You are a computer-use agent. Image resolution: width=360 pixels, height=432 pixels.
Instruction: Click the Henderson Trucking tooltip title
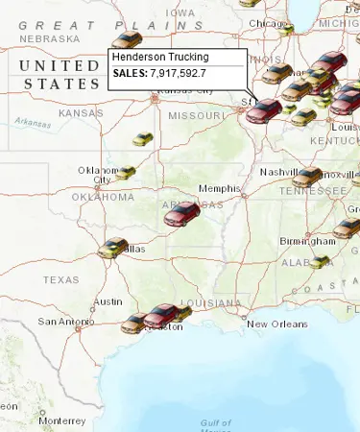pos(160,58)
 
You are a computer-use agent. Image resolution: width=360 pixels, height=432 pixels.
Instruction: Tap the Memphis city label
pos(219,188)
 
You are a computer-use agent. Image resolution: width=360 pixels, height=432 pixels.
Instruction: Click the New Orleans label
pos(276,324)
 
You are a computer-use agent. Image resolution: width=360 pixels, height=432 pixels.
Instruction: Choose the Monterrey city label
pos(62,420)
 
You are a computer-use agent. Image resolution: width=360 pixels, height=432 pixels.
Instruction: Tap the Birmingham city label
pos(307,240)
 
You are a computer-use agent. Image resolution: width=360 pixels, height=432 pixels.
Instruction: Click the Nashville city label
pos(279,172)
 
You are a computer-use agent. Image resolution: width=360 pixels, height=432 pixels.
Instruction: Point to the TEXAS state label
pos(60,280)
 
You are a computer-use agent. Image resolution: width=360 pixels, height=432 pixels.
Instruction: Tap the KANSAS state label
pos(81,113)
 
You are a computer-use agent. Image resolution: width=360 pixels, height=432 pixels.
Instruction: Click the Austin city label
pos(108,301)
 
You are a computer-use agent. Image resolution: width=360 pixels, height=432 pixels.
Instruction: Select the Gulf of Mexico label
pos(216,423)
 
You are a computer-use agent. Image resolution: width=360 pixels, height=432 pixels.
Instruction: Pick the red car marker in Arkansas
pos(180,213)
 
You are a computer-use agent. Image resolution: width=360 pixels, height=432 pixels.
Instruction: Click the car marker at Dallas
pos(112,248)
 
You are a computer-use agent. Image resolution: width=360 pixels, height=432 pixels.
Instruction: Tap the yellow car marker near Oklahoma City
pos(127,173)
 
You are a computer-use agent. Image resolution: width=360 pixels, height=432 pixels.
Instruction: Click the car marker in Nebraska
pos(126,39)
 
